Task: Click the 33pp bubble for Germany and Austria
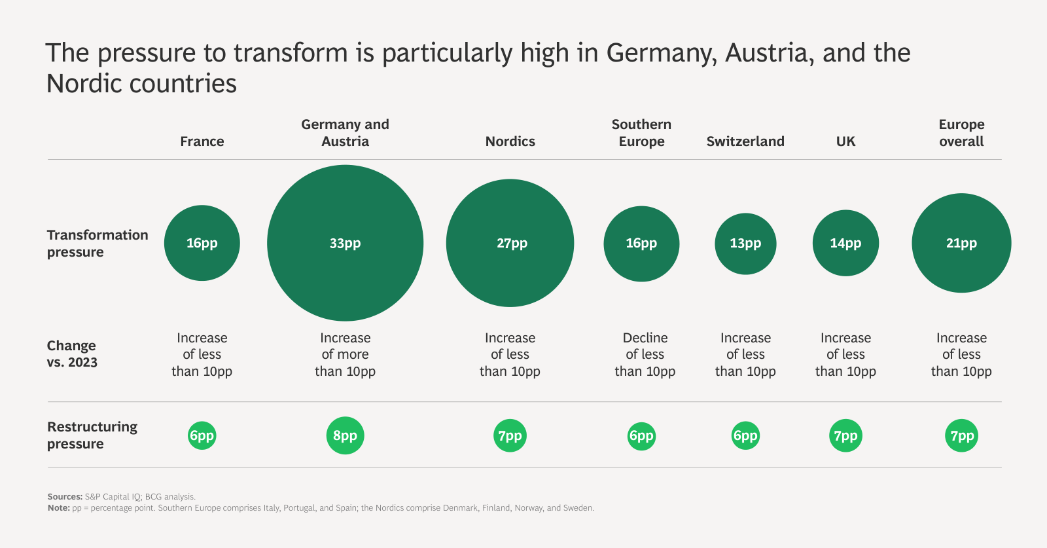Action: pyautogui.click(x=345, y=243)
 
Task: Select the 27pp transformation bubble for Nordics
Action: pyautogui.click(x=510, y=243)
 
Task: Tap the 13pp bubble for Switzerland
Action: pyautogui.click(x=745, y=244)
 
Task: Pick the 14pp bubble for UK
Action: pyautogui.click(x=845, y=243)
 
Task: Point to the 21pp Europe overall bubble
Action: pyautogui.click(x=961, y=243)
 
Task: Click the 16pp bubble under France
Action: pyautogui.click(x=202, y=243)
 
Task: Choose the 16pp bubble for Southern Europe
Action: pyautogui.click(x=641, y=244)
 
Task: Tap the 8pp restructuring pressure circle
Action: pyautogui.click(x=345, y=435)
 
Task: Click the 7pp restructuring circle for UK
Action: pyautogui.click(x=845, y=435)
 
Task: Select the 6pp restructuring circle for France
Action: pyautogui.click(x=202, y=435)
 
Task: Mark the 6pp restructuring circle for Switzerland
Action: pyautogui.click(x=745, y=435)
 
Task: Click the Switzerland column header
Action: pyautogui.click(x=745, y=141)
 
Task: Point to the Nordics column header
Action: pyautogui.click(x=510, y=141)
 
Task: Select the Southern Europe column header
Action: pyautogui.click(x=641, y=133)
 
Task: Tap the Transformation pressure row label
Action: pyautogui.click(x=98, y=243)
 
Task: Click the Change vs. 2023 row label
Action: pyautogui.click(x=72, y=354)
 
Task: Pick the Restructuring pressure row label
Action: pyautogui.click(x=92, y=435)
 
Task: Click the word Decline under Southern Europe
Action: pyautogui.click(x=645, y=338)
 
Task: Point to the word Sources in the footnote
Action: pyautogui.click(x=65, y=497)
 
